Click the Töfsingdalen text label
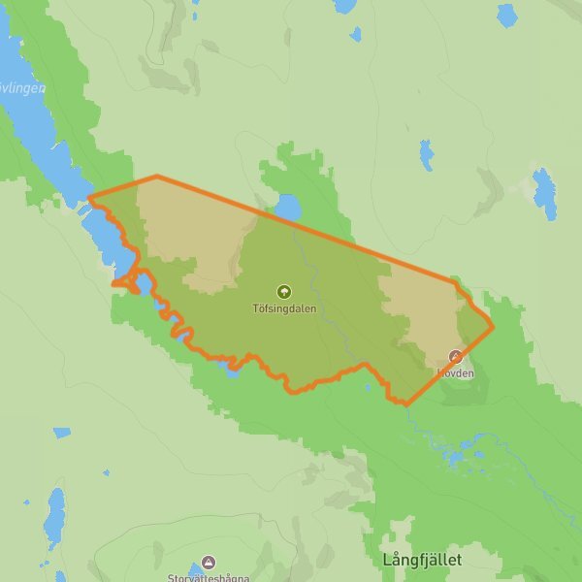point(283,309)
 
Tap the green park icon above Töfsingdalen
point(283,291)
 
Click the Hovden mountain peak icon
point(455,356)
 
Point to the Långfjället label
point(422,561)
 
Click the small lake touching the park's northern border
point(287,207)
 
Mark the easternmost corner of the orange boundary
point(494,326)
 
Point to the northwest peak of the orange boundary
point(157,177)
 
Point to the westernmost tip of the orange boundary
point(88,199)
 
